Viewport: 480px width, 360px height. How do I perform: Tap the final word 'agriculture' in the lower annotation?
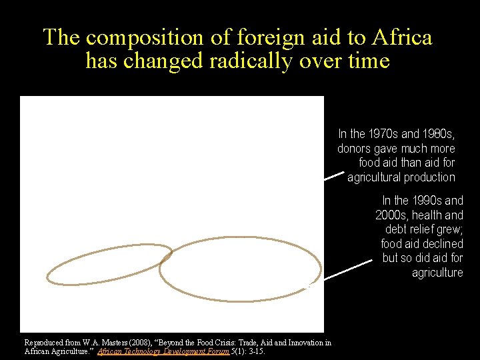click(437, 273)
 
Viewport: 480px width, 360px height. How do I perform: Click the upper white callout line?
click(334, 177)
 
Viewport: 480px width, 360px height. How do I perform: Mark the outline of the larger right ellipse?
click(240, 238)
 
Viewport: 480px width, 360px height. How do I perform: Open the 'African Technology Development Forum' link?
click(163, 351)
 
